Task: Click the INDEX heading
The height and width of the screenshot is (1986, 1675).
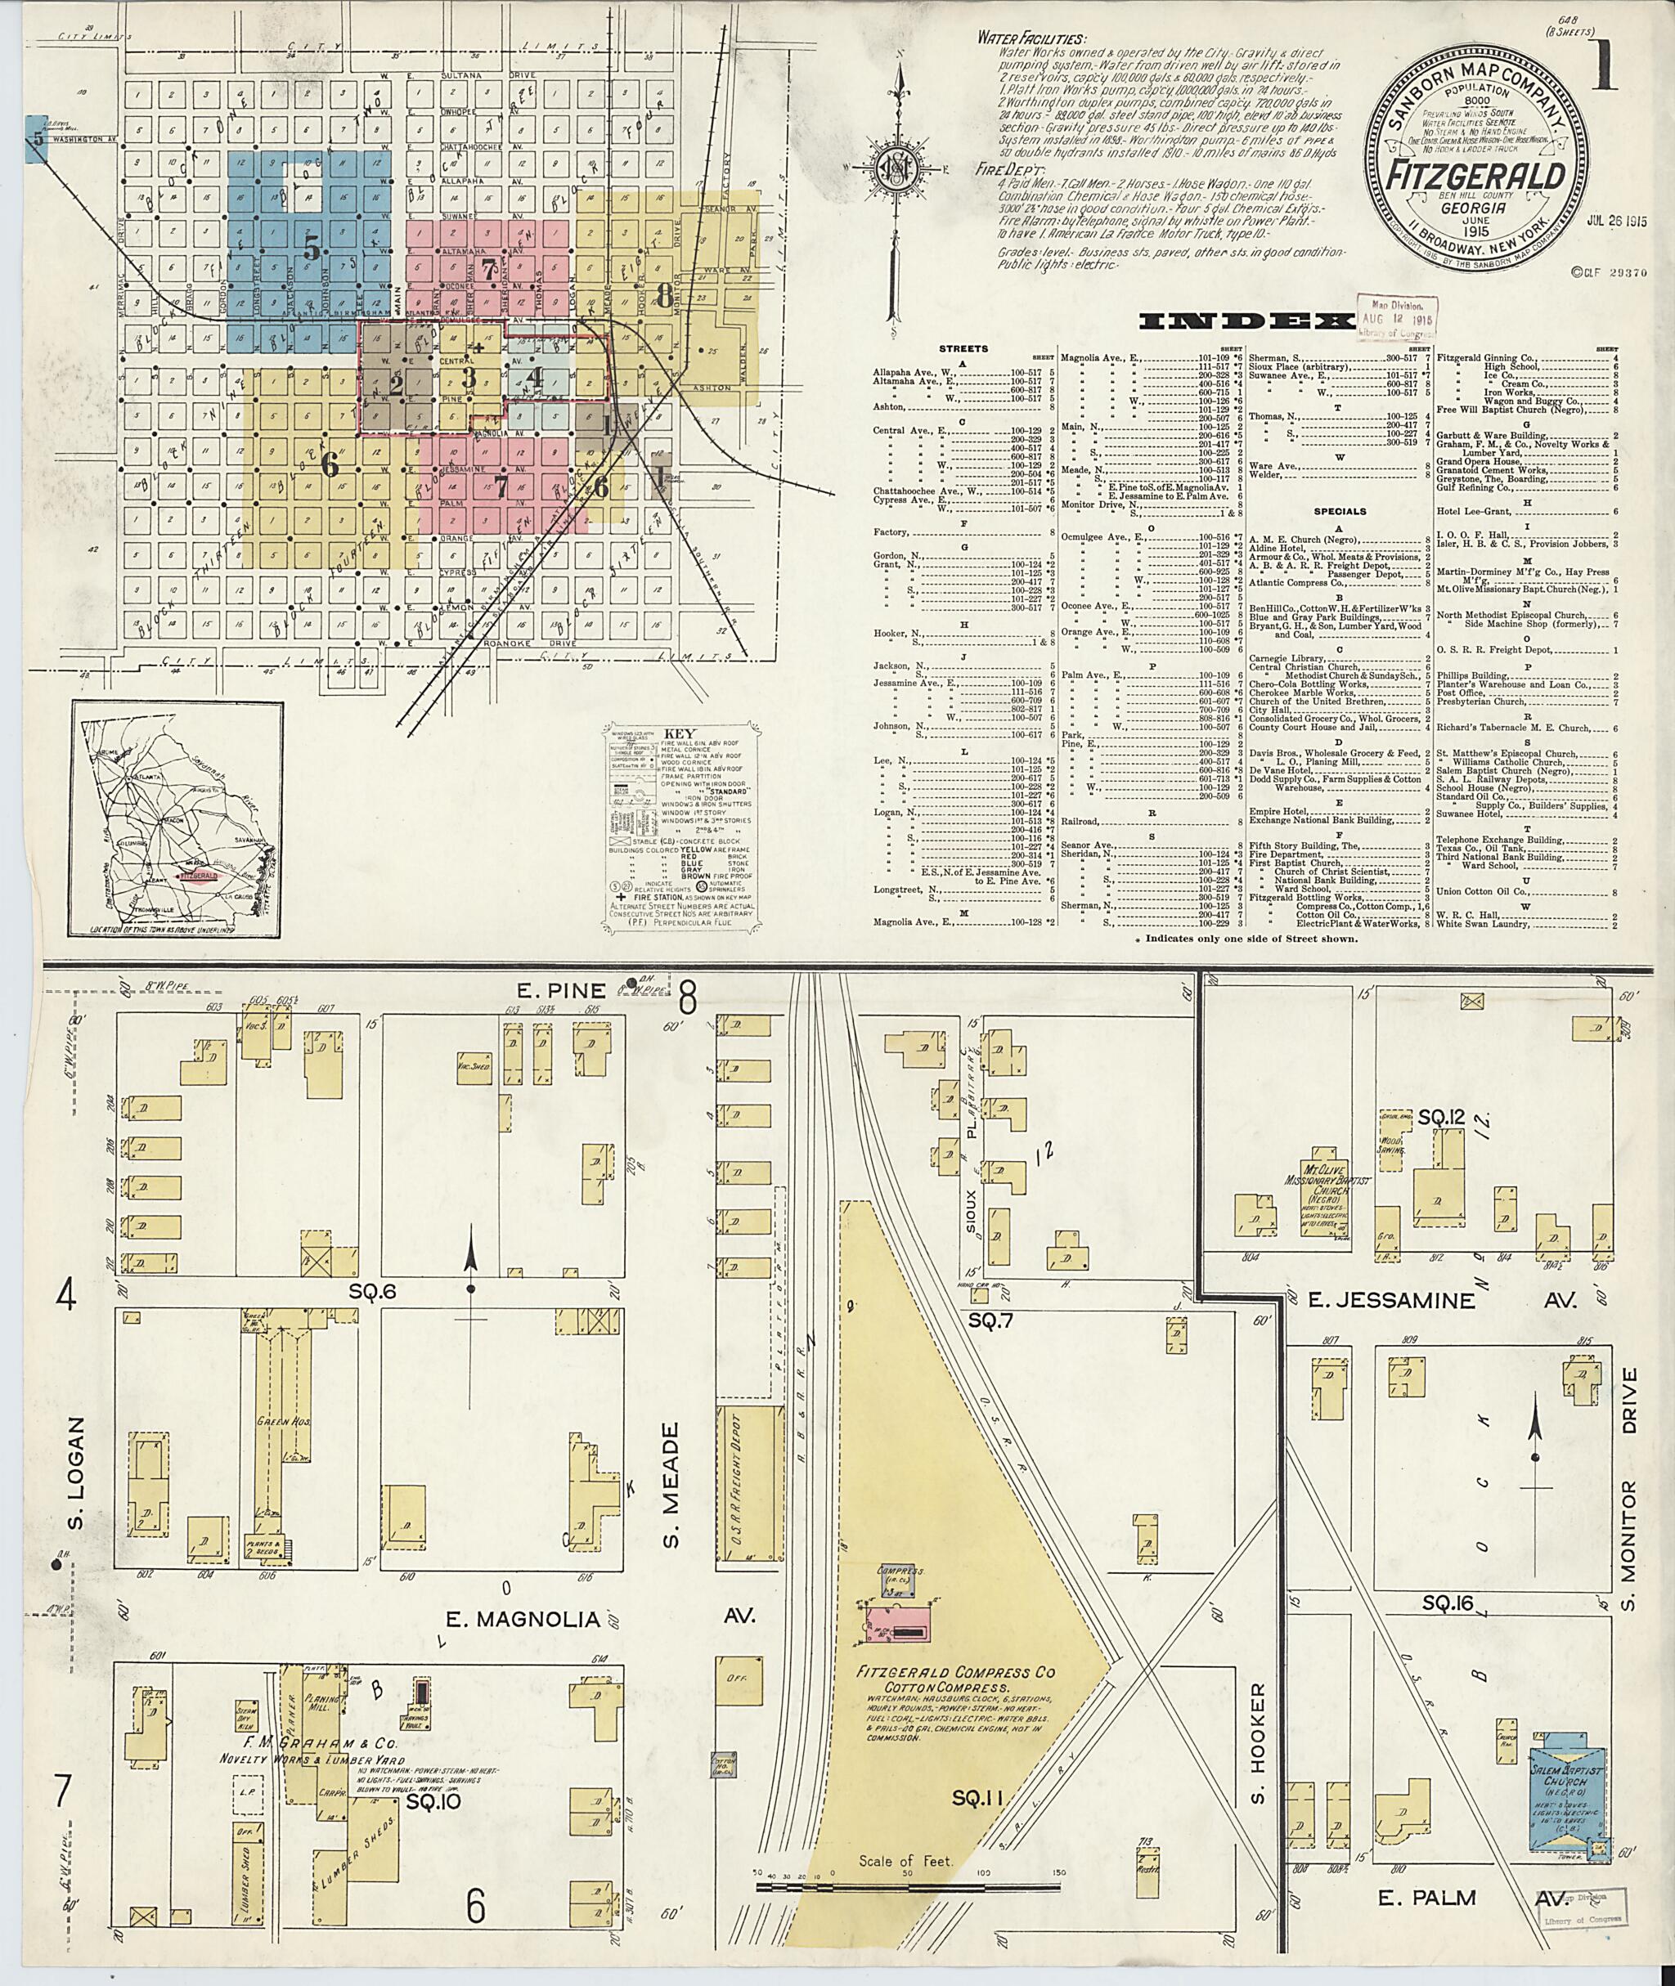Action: (x=1246, y=323)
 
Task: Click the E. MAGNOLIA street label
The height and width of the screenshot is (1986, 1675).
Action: (x=524, y=1620)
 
